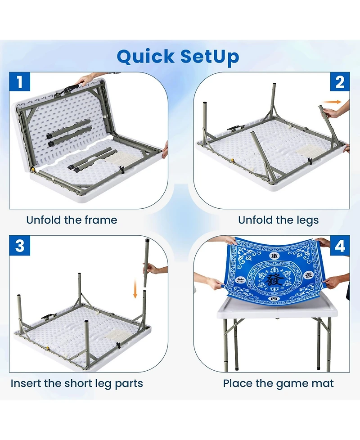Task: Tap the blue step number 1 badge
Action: (20, 82)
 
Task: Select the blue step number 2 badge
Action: (339, 82)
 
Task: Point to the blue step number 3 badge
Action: (20, 246)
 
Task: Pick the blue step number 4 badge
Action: (339, 246)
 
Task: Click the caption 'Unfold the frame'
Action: (72, 220)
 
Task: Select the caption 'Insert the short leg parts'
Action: (76, 383)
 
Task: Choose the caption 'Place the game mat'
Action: (279, 383)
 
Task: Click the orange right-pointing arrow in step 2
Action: (332, 102)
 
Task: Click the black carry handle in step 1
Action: (71, 88)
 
